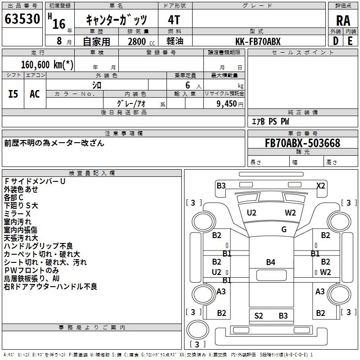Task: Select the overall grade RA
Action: point(343,21)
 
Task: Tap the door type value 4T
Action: point(174,20)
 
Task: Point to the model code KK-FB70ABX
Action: point(258,41)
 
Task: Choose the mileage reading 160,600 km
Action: point(47,64)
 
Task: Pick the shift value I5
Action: point(13,94)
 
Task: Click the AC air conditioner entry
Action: point(35,94)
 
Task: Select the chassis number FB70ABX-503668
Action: point(296,143)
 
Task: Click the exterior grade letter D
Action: point(335,41)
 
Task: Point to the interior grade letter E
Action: point(350,41)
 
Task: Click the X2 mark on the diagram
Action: point(320,185)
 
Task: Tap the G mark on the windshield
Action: point(283,229)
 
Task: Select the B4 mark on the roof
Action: point(270,262)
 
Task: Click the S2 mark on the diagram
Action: point(259,316)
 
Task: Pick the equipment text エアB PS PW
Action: point(270,121)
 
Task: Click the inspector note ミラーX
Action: point(17,213)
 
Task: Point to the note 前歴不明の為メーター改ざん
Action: point(54,143)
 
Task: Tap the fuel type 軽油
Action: point(174,41)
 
